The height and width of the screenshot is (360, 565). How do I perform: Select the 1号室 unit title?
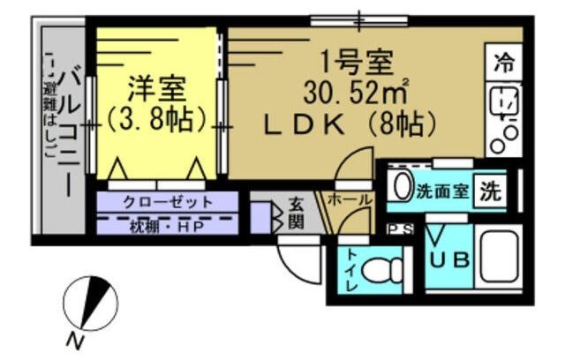356,64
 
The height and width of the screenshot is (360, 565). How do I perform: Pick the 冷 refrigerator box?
505,63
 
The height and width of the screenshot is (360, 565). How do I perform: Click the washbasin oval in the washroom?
401,188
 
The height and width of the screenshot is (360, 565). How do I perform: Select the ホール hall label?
350,201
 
